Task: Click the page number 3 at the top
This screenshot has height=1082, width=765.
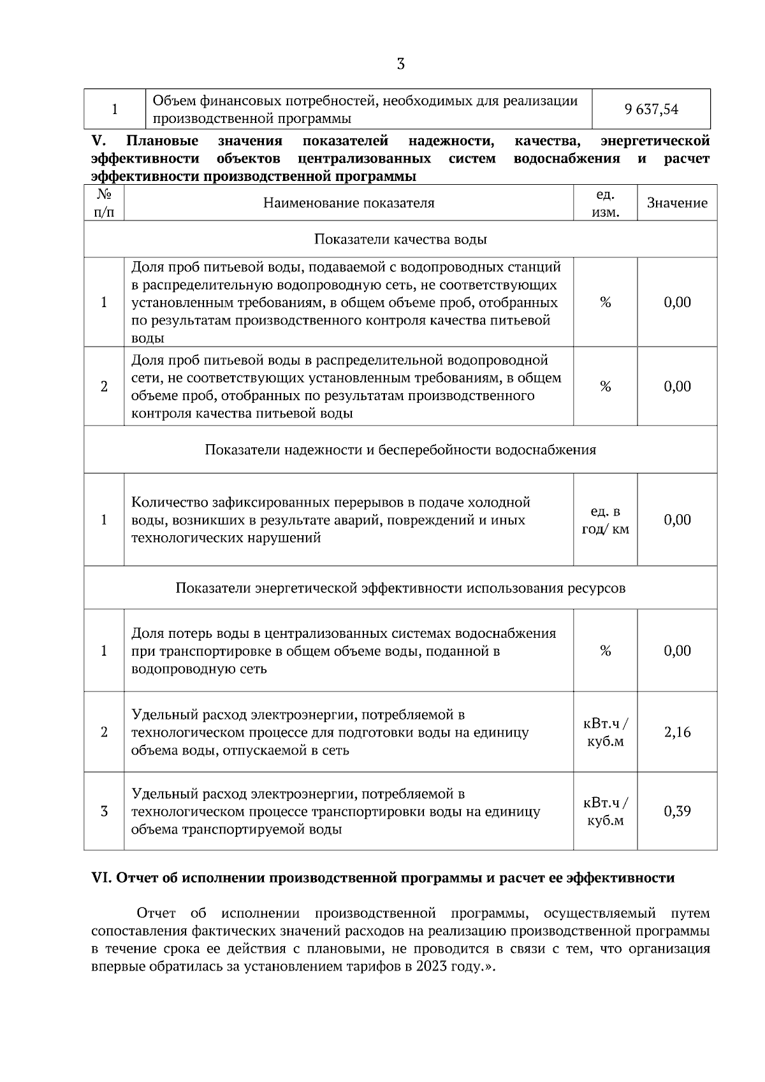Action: pos(400,64)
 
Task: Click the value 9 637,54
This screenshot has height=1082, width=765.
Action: pos(652,110)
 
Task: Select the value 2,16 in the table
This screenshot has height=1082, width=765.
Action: pos(677,732)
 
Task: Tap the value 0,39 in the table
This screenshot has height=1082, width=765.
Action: pos(677,811)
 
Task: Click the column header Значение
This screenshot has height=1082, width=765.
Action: pos(677,203)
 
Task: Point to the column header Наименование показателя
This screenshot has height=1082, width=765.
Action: pos(349,203)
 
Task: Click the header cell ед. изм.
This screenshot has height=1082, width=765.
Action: pos(605,203)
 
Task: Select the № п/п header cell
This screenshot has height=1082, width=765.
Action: pos(104,203)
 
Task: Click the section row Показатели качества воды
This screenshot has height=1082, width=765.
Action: pos(400,240)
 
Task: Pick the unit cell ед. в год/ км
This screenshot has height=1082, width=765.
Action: pos(605,520)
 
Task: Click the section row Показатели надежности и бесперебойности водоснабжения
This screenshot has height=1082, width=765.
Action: pos(400,450)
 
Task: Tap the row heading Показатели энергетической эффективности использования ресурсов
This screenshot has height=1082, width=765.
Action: pos(400,588)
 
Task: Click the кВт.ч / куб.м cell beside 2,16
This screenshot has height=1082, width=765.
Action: pos(605,732)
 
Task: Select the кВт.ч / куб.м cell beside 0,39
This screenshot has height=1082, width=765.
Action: pos(605,811)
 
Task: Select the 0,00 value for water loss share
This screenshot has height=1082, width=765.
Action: pos(677,651)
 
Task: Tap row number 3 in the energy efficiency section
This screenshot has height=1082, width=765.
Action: pos(104,811)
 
